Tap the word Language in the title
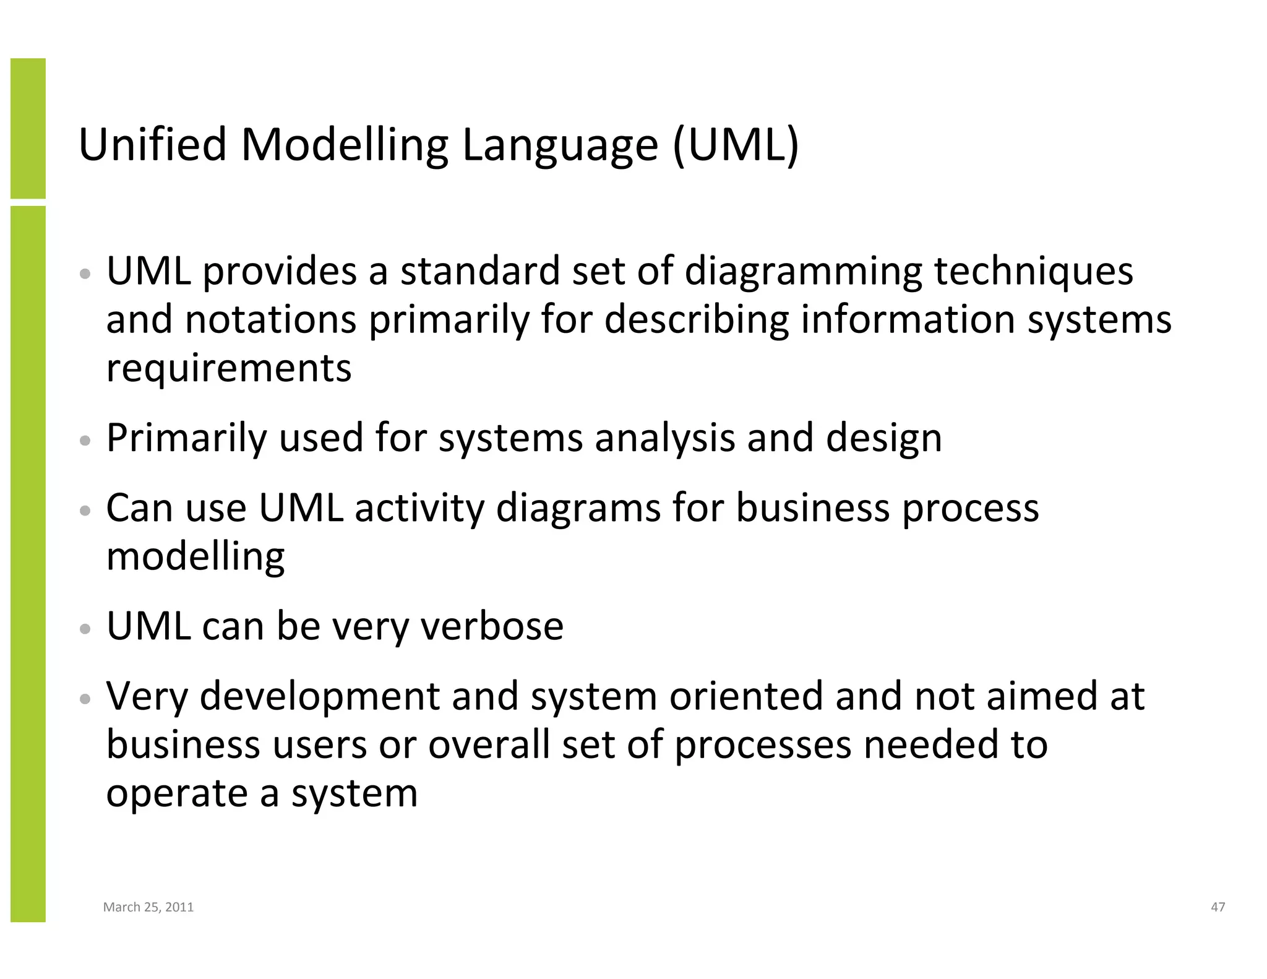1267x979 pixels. pos(559,145)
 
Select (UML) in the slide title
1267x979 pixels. pos(736,145)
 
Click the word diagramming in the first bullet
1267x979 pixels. pos(803,272)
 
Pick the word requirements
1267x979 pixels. pos(229,368)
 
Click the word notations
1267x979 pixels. pos(270,320)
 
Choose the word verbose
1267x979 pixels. pos(492,626)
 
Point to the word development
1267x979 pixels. pos(319,696)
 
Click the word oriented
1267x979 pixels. pos(746,696)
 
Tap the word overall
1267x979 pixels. pos(489,744)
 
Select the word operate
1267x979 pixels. pos(176,794)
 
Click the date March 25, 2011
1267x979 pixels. pos(148,907)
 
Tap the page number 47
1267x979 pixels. pos(1218,907)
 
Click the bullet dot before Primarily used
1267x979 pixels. pos(86,441)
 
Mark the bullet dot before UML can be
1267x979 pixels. pos(86,629)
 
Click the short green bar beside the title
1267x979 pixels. pos(28,128)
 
